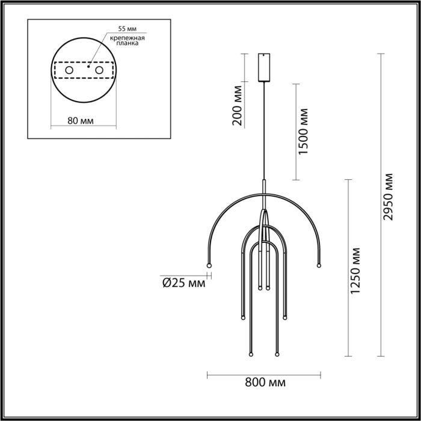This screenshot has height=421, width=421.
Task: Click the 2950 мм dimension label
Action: tap(389, 196)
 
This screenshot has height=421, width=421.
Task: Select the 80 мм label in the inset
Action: tap(81, 120)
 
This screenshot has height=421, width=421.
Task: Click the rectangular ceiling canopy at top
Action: tap(264, 67)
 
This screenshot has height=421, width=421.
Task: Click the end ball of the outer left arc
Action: tap(209, 265)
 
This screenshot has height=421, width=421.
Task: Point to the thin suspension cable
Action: tap(264, 132)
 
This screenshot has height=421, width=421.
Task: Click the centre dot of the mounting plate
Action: tap(88, 68)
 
